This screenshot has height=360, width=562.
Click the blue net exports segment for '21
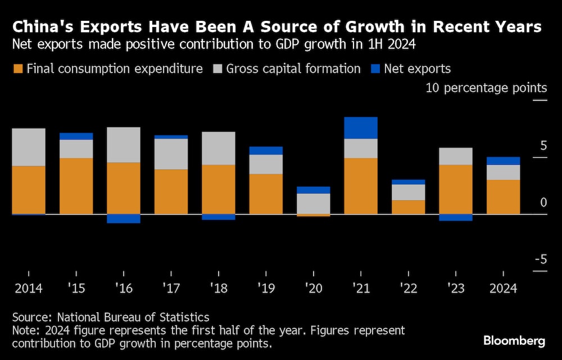click(360, 128)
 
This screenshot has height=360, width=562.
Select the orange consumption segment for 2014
click(29, 190)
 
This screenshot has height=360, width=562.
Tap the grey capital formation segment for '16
click(124, 145)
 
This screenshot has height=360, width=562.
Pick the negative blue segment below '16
click(124, 219)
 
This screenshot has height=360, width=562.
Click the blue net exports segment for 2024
click(503, 161)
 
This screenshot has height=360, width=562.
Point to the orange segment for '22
click(408, 207)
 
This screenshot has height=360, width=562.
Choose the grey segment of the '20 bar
click(313, 203)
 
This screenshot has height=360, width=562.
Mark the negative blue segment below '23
click(455, 218)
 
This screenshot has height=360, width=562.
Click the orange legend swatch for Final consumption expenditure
click(17, 69)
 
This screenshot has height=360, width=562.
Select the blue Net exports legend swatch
click(375, 69)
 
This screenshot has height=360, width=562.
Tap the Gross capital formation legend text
click(293, 69)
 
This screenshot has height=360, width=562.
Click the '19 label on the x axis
click(266, 288)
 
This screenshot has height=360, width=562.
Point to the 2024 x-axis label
click(502, 288)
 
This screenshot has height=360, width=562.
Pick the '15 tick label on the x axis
click(76, 288)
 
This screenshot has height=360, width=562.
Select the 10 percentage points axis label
click(486, 88)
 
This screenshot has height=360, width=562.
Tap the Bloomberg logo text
click(514, 341)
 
